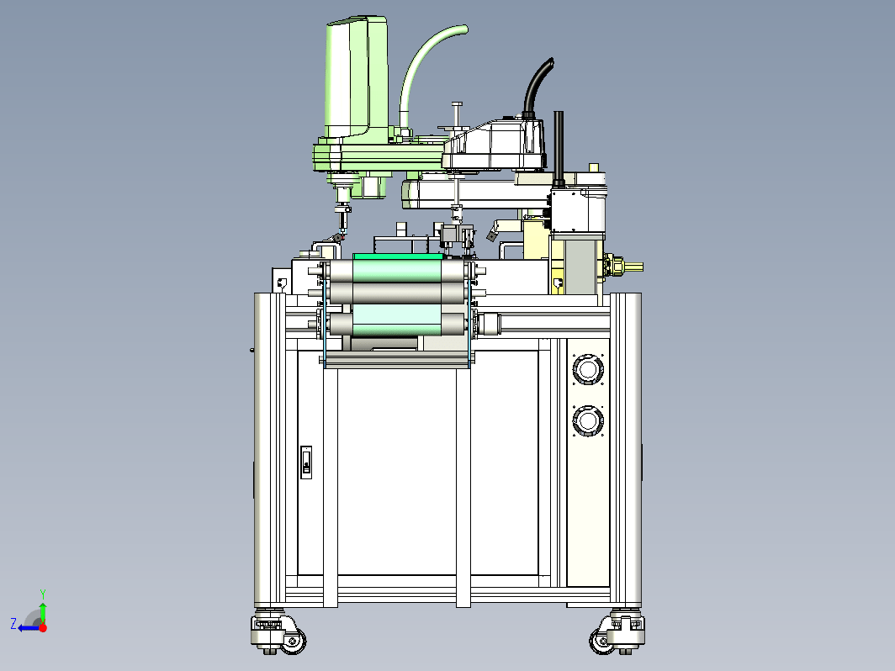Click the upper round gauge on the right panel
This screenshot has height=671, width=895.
coord(588,368)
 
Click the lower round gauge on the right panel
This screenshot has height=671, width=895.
coord(588,421)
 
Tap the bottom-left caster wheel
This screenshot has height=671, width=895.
coord(293,640)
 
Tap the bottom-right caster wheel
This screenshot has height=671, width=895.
coord(602,640)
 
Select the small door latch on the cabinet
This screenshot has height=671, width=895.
coord(306,462)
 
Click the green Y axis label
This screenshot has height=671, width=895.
coord(43,594)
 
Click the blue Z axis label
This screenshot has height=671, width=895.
coord(13,623)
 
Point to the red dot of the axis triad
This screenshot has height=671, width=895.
coord(43,627)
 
